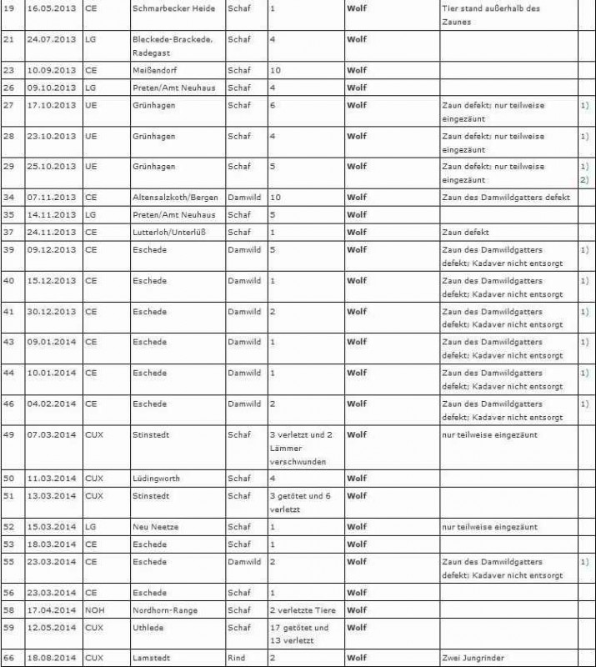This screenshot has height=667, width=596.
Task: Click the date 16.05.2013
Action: point(52,8)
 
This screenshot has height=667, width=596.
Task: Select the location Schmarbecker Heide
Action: point(173,8)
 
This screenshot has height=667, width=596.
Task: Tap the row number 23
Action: point(9,70)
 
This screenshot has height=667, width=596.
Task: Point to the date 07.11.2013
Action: point(52,198)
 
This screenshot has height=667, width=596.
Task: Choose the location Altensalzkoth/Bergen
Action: point(174,198)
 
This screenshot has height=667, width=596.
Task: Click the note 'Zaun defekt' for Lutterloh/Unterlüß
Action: point(466,233)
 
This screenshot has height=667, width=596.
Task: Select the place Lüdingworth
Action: point(156,479)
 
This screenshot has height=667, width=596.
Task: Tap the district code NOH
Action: point(94,610)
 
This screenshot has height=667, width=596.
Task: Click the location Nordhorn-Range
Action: point(165,610)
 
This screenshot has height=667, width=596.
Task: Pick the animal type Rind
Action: point(237,658)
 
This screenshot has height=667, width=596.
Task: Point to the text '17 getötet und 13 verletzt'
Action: point(299,634)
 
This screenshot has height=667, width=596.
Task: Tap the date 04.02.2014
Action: point(52,404)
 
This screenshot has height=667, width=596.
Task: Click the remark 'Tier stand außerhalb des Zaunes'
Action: point(490,15)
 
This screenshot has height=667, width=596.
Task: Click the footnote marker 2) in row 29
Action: point(584,180)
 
